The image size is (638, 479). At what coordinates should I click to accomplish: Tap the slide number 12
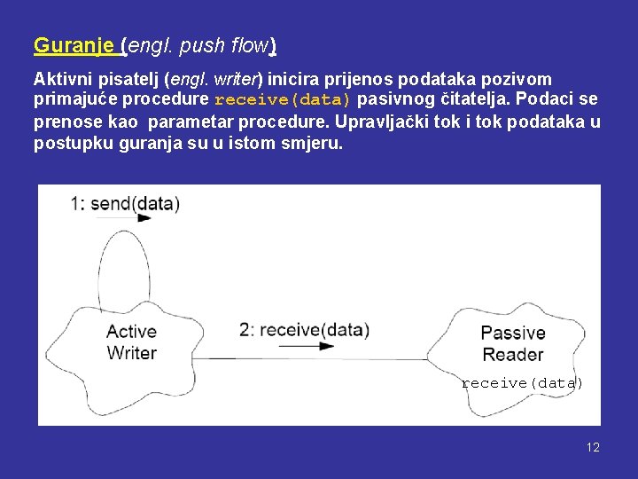593,447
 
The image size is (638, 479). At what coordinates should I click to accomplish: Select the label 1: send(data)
125,204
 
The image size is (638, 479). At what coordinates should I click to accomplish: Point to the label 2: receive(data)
304,330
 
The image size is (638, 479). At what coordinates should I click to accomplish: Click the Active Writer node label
131,342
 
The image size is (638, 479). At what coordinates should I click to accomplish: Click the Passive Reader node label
512,343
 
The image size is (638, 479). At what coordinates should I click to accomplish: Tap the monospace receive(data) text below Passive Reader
522,383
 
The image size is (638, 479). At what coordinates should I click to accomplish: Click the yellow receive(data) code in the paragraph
283,99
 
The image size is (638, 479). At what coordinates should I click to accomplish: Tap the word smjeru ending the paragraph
315,142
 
